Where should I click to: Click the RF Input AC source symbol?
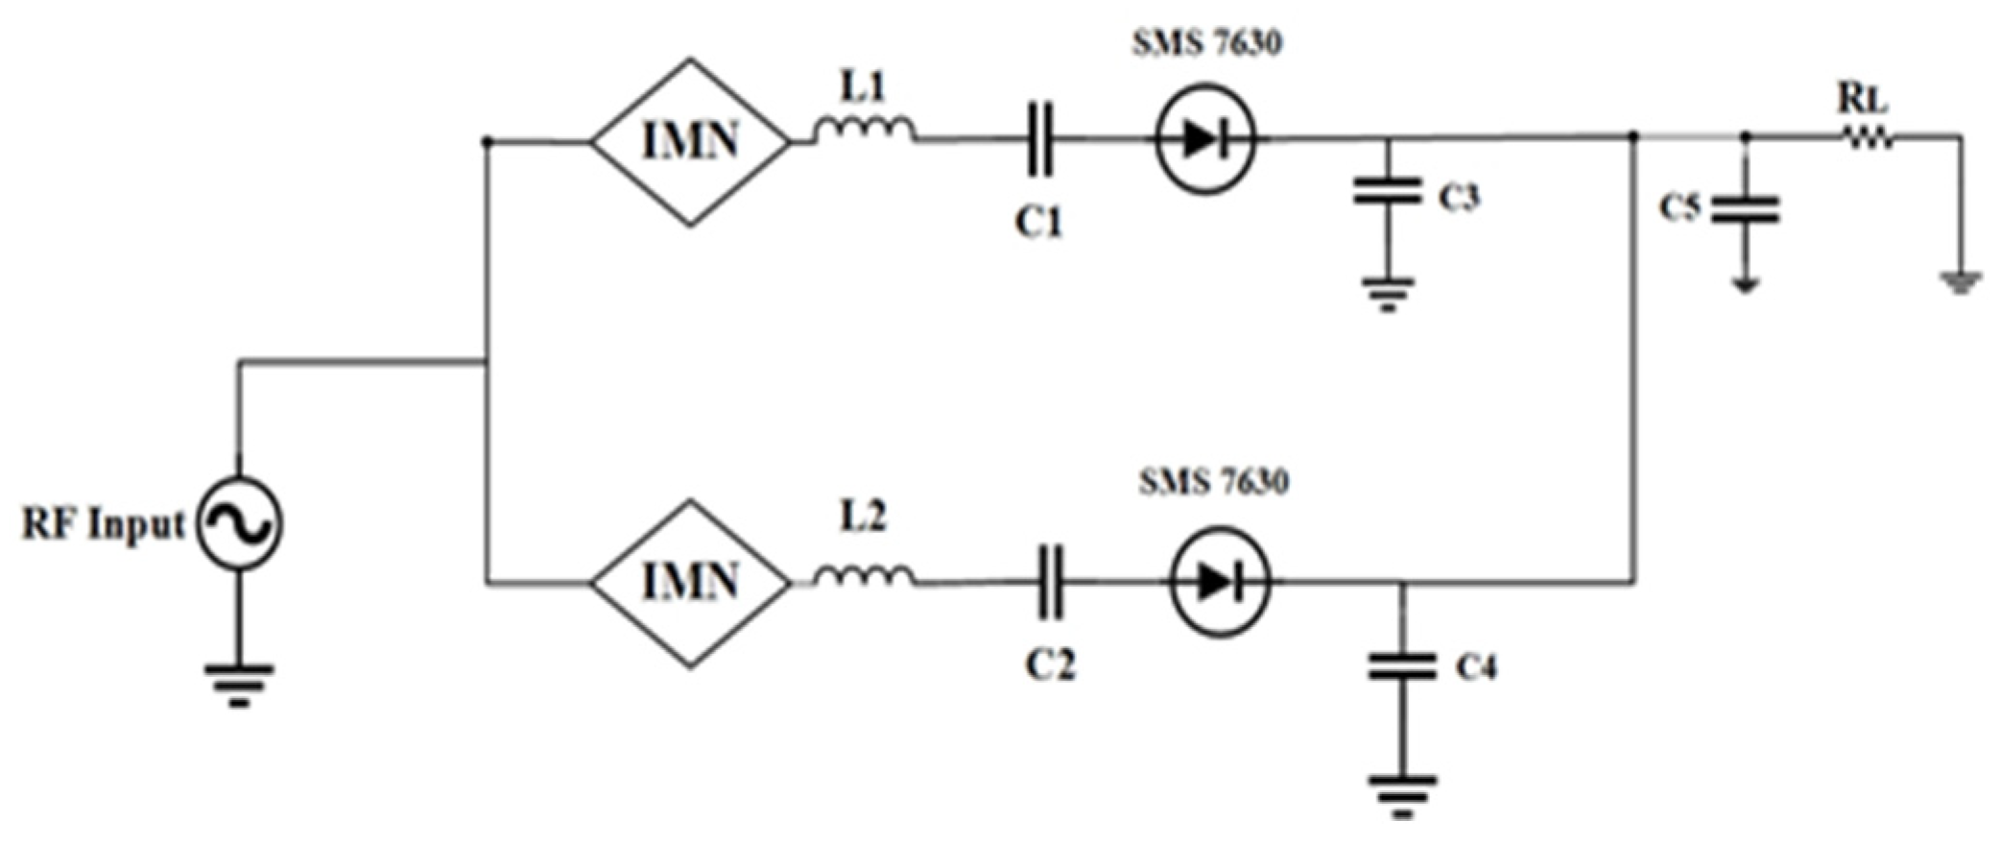point(239,524)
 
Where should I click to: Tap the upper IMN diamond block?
point(690,142)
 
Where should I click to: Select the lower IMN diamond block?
point(690,583)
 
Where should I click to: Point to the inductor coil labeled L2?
point(864,575)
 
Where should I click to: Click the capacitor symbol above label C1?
point(1039,141)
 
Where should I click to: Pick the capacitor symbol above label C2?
point(1051,583)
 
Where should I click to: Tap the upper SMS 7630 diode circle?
point(1205,140)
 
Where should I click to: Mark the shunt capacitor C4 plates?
point(1401,665)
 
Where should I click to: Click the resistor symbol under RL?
point(1866,139)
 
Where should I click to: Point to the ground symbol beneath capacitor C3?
point(1387,294)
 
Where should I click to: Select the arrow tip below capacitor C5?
point(1746,285)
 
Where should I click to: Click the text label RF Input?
point(103,525)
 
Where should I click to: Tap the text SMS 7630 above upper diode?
point(1206,43)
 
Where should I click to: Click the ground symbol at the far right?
point(1960,282)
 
